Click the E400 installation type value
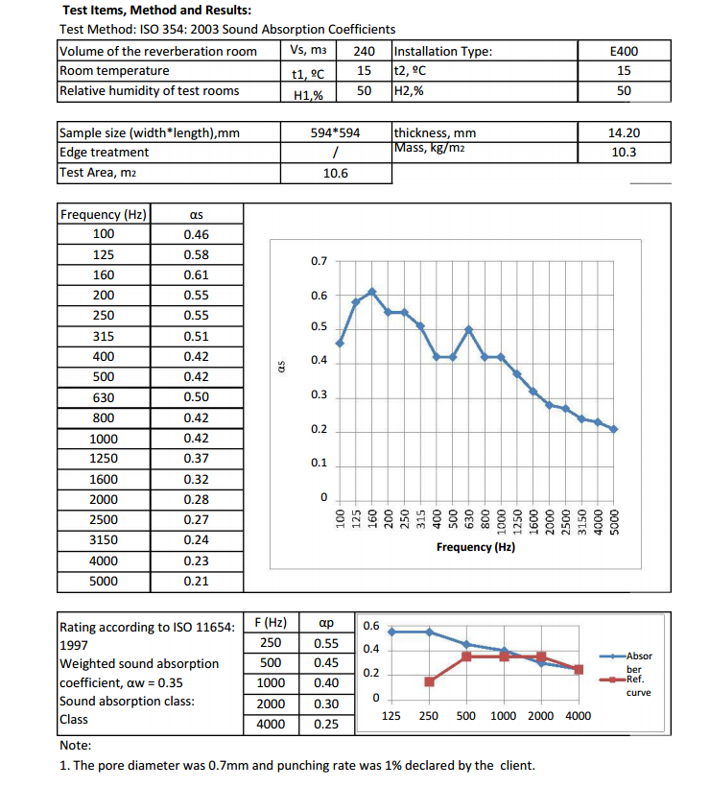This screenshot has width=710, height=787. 624,51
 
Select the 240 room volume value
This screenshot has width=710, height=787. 364,51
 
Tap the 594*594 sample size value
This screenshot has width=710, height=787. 336,132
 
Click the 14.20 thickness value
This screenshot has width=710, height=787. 624,132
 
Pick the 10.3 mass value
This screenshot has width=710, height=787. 624,152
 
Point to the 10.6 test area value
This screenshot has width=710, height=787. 336,173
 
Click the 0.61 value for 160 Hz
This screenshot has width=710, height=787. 196,274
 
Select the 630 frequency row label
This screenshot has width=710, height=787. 103,397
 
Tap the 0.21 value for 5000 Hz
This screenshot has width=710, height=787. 196,581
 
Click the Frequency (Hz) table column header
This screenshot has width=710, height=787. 103,214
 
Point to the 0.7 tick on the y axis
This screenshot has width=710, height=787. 319,261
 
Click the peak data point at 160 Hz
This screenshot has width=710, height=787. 372,291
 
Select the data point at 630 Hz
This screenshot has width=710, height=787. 469,329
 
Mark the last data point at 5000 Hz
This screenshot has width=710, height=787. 614,429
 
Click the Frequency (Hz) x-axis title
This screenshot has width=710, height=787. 475,547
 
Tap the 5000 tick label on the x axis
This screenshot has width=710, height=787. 614,519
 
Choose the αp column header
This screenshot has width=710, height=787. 325,622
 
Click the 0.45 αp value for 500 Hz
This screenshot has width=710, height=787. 325,662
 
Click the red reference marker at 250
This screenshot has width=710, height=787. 430,681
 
